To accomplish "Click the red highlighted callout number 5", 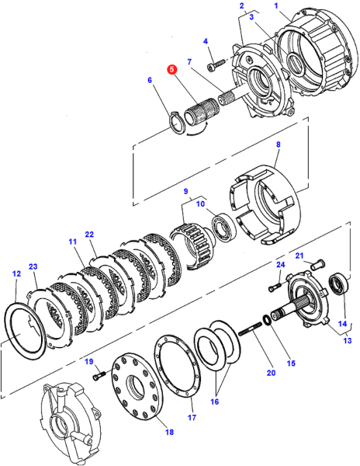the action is coord(171,70).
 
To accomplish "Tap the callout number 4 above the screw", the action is coord(206,41).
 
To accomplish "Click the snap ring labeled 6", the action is coord(178,123).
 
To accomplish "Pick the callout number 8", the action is coord(278,144).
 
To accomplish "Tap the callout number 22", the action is coord(89,235).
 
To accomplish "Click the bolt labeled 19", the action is coord(99,375).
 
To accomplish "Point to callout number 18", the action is coord(169,432).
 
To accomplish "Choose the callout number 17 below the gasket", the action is coord(192,417).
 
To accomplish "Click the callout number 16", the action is coord(214,402).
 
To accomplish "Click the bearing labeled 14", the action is coord(338,284).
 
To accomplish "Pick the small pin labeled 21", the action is coord(318,265).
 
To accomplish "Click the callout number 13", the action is coord(348,340).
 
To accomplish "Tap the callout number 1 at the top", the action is coord(276,5).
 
